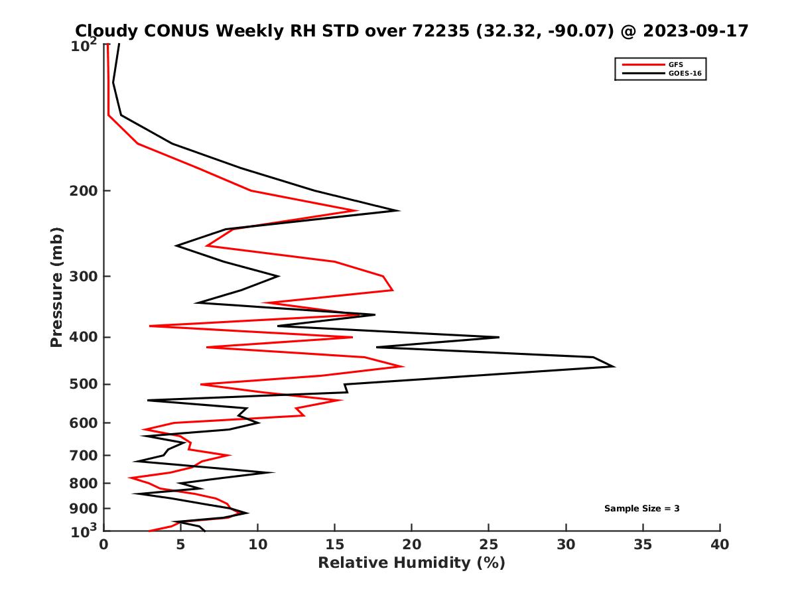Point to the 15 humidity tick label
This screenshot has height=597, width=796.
(335, 545)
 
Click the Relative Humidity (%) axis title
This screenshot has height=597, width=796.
(411, 563)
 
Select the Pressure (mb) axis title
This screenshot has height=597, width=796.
(56, 287)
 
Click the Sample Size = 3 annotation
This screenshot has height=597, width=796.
(641, 509)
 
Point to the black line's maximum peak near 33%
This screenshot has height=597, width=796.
(614, 366)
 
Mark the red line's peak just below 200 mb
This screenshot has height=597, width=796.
(358, 211)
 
